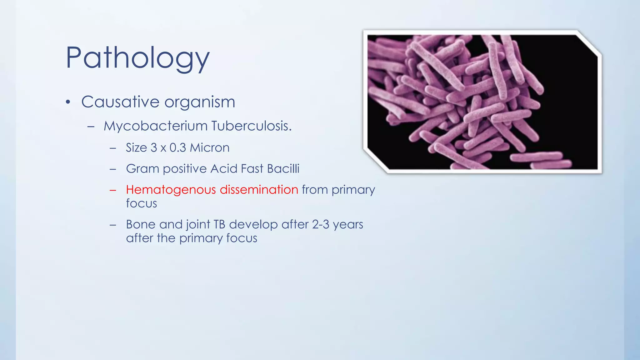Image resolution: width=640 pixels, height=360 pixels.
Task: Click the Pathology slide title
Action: click(137, 58)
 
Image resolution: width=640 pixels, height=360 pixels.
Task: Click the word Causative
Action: click(120, 102)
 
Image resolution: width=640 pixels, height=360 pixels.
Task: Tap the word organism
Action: click(200, 102)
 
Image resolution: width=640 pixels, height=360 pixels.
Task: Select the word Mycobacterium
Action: click(156, 126)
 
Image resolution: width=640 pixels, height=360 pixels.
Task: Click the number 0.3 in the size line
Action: click(177, 148)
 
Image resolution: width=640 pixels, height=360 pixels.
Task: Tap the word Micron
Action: click(210, 148)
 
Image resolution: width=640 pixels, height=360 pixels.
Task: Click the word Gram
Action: click(142, 169)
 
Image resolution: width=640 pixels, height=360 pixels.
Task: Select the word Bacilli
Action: click(283, 169)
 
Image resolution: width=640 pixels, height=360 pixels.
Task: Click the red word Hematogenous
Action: click(171, 190)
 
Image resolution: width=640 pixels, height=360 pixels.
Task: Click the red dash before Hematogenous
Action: click(113, 190)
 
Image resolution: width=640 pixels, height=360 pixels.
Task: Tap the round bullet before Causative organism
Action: click(68, 102)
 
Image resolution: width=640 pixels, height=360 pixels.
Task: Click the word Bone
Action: click(141, 224)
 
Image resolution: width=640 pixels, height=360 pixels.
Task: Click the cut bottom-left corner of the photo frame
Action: click(376, 161)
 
